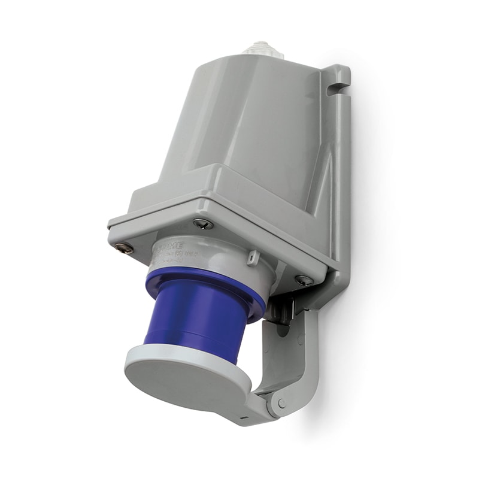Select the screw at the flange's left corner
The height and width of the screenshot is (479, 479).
click(125, 247)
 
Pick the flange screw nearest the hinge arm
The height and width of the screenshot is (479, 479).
click(304, 280)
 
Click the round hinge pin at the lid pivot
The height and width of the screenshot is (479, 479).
click(281, 403)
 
